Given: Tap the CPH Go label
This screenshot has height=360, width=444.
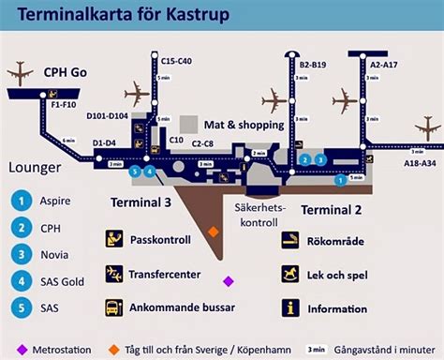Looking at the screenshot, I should click(x=65, y=71).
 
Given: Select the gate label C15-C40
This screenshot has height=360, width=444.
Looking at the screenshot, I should click(x=175, y=61).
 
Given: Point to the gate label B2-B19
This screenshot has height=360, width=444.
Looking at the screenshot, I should click(x=312, y=64).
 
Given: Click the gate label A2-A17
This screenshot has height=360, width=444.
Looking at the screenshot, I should click(x=384, y=64).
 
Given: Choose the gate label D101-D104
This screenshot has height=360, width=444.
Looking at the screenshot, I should click(x=107, y=115).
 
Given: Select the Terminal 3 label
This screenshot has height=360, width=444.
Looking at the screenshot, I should click(x=141, y=202).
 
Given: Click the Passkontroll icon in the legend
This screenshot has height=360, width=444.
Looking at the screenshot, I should click(x=114, y=240).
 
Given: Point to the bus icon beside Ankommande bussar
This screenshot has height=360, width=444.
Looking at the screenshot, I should click(x=114, y=307).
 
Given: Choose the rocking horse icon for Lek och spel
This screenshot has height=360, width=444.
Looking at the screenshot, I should click(x=291, y=274).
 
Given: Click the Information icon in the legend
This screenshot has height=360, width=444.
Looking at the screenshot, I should click(x=291, y=307).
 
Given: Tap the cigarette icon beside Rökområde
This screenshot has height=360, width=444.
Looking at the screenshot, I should click(x=291, y=241).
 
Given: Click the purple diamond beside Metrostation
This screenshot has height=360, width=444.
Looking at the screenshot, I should click(x=21, y=349).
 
